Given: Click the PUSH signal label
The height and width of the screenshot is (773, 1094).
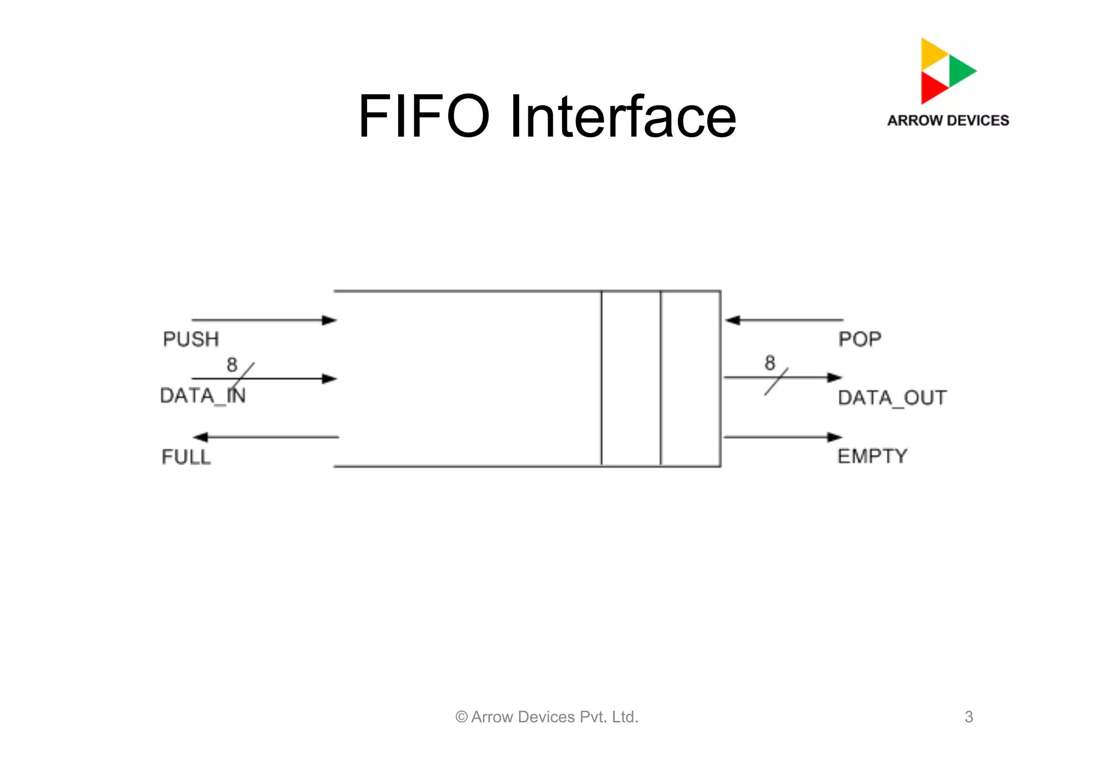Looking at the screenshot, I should [x=191, y=339].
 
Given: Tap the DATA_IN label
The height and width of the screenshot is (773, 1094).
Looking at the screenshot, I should [x=202, y=396].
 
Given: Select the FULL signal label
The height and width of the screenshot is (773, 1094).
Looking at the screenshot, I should [x=186, y=457].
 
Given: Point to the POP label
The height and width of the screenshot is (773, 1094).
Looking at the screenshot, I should [x=859, y=339].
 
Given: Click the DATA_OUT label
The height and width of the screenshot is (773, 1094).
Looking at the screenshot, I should [x=892, y=398].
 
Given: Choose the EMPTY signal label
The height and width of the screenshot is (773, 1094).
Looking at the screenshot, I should [x=872, y=456].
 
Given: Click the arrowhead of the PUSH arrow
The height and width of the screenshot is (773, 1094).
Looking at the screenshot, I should [x=330, y=321].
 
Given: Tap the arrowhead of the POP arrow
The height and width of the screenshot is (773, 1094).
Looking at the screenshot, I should [x=732, y=321].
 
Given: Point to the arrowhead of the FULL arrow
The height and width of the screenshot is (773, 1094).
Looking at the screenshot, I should [x=200, y=437].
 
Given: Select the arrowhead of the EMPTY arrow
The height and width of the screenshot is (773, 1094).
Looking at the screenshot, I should [x=835, y=437].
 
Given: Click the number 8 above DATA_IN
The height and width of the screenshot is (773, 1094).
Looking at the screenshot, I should [x=232, y=365].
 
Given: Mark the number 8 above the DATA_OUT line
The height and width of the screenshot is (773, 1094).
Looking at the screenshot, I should [x=770, y=363].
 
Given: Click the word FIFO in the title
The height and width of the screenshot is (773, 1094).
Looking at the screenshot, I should [x=423, y=116].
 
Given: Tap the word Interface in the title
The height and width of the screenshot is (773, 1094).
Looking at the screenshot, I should [x=623, y=116].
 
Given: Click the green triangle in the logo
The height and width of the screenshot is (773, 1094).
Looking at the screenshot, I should [x=960, y=71].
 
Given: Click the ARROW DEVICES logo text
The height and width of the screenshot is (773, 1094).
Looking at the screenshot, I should [x=948, y=121].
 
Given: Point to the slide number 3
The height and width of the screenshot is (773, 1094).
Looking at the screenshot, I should [x=969, y=717].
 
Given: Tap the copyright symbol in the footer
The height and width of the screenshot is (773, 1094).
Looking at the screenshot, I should [x=462, y=717].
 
